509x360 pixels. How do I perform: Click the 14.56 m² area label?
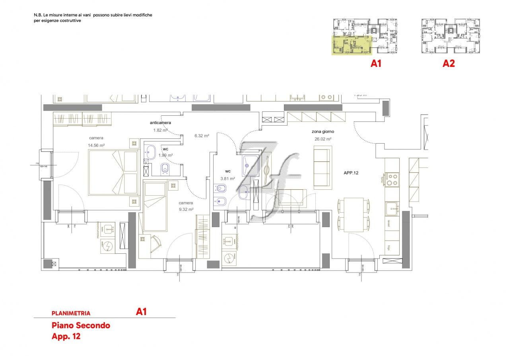tap(97, 146)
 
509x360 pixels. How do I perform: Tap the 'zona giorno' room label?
tap(322, 132)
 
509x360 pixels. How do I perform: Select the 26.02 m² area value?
tap(322, 139)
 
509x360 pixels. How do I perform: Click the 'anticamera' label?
tap(160, 123)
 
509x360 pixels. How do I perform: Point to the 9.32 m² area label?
tap(186, 209)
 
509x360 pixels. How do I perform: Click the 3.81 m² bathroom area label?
tap(227, 179)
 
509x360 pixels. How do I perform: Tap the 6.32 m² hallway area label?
tap(202, 136)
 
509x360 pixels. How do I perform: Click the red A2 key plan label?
tap(449, 64)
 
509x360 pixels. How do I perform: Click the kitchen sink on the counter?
tap(392, 207)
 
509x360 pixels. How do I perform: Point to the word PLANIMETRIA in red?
tap(71, 313)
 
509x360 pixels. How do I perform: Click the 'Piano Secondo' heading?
tap(81, 325)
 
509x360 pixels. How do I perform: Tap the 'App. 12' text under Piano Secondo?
tap(66, 336)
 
